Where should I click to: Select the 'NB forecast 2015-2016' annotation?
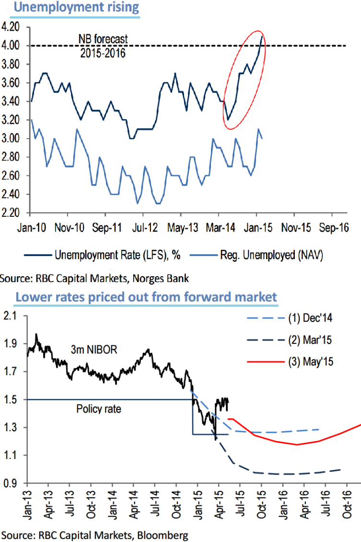[x=103, y=46]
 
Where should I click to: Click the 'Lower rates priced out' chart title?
[x=146, y=297]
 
